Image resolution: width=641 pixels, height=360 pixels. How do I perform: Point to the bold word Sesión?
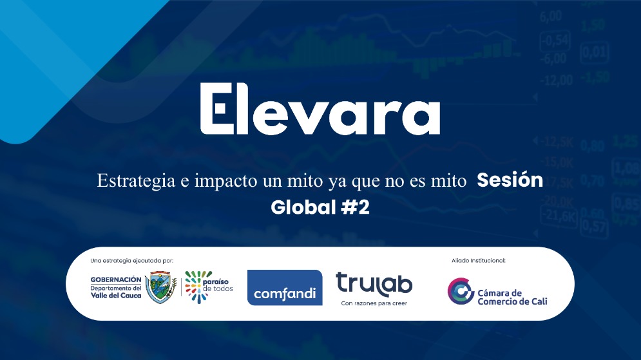click(510, 181)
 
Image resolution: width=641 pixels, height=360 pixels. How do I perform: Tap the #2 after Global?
click(355, 208)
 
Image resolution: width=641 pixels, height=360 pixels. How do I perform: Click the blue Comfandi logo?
click(285, 287)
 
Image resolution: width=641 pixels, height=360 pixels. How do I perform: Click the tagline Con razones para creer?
click(374, 303)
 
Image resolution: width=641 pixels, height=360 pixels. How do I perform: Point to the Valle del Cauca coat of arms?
click(161, 287)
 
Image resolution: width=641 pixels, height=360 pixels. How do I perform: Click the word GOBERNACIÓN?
click(115, 279)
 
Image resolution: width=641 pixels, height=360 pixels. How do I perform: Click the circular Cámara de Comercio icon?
click(461, 292)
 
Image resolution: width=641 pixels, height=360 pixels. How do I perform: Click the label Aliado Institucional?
click(478, 261)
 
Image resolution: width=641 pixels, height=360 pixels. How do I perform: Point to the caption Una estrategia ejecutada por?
click(132, 261)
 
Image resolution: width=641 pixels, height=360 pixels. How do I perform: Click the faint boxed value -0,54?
click(555, 41)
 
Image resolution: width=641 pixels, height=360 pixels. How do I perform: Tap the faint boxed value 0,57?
click(594, 226)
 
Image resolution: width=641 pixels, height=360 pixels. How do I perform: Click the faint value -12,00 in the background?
click(557, 80)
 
